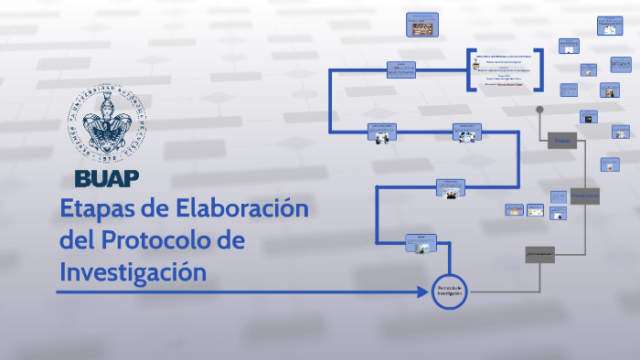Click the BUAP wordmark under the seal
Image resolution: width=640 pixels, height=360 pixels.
tap(108, 176)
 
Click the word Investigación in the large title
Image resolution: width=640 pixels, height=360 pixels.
tap(133, 271)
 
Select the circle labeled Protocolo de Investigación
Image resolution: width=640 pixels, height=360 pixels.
tap(451, 291)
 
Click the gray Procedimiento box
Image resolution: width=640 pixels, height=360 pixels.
tap(584, 196)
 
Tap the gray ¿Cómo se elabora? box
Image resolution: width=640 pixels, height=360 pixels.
tap(540, 255)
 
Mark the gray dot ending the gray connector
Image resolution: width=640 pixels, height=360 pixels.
tap(540, 110)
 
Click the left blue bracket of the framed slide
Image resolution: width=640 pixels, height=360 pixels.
tap(469, 69)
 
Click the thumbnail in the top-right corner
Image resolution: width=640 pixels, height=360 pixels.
tap(606, 26)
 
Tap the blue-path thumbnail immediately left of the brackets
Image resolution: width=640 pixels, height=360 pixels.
tap(401, 70)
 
